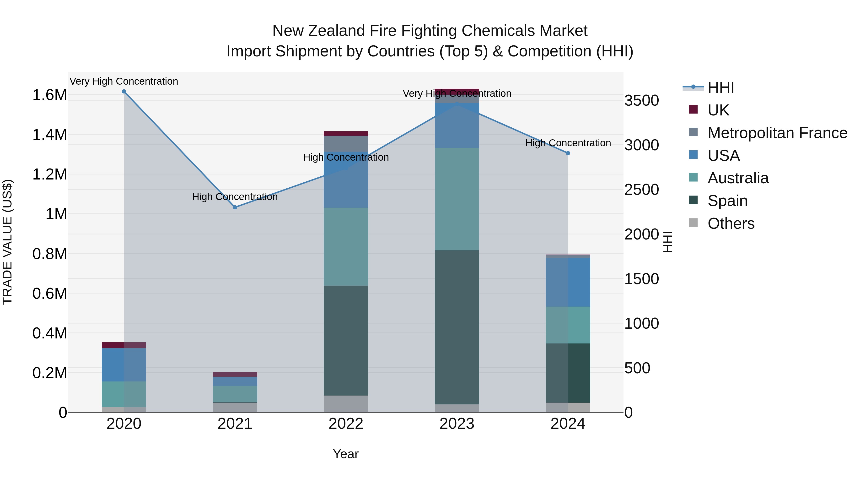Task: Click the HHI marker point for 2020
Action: [x=124, y=92]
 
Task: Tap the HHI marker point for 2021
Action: [x=235, y=207]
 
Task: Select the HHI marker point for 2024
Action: [x=568, y=153]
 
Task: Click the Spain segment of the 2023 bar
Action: [x=457, y=327]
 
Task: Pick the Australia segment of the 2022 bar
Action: [x=346, y=246]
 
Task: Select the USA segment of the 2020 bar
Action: [x=124, y=365]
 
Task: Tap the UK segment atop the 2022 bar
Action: [x=346, y=134]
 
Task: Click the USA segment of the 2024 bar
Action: [x=568, y=282]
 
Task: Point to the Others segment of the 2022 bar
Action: [x=346, y=404]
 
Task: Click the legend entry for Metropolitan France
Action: [x=777, y=133]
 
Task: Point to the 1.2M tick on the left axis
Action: [x=49, y=174]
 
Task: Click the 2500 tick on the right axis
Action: [x=641, y=190]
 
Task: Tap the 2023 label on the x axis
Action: [x=457, y=424]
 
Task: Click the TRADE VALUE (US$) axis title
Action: [x=8, y=242]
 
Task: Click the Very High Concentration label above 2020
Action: [x=124, y=81]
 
